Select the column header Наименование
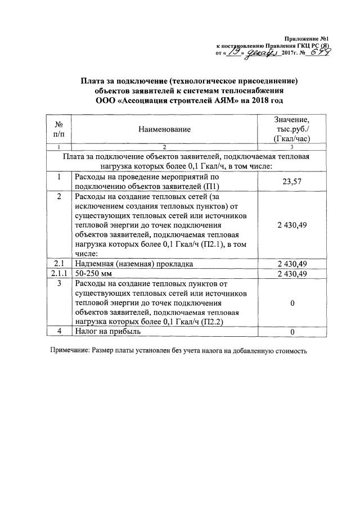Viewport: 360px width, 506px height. (164, 129)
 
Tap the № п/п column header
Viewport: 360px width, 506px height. (58, 129)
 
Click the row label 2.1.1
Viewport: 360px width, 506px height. (58, 274)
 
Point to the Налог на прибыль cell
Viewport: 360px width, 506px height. (109, 332)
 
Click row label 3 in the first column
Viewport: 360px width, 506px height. (58, 284)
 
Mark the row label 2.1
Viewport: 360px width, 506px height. (58, 264)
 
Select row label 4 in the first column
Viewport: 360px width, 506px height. (58, 332)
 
